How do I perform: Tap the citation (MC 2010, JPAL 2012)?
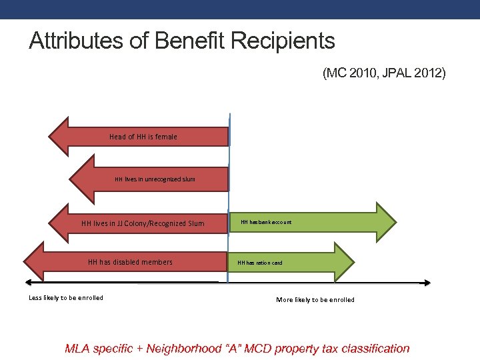coord(384,73)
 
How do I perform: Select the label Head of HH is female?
coord(143,137)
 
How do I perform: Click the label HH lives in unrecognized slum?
coord(155,179)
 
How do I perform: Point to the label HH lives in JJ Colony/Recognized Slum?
coord(143,223)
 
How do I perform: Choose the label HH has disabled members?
coord(130,262)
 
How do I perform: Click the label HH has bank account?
coord(266,221)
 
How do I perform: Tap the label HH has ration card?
coord(260,263)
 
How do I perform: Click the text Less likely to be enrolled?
coord(66,298)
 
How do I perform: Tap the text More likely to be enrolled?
coord(315,300)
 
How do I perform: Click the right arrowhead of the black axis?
coord(426,283)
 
